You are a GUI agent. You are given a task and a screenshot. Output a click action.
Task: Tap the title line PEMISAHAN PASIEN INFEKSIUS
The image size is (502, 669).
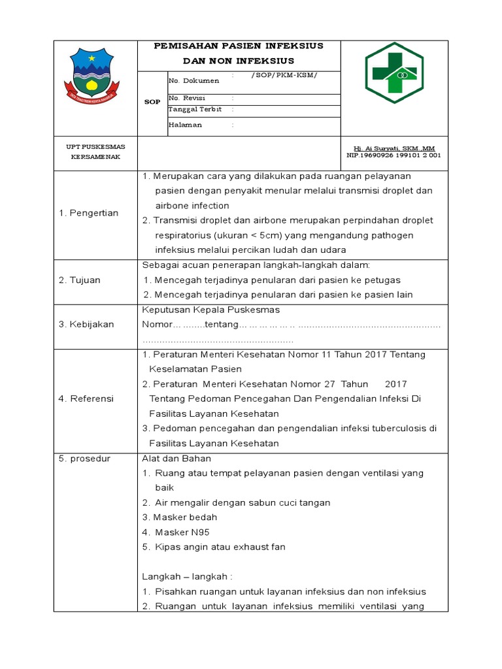(x=238, y=46)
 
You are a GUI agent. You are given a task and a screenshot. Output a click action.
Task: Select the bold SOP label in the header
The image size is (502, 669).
(x=152, y=102)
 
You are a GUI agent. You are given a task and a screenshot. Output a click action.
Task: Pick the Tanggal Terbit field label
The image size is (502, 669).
(x=195, y=109)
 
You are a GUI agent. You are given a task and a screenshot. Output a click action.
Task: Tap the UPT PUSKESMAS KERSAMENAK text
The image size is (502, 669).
(x=95, y=152)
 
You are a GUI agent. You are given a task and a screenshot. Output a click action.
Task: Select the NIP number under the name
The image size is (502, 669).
(x=394, y=156)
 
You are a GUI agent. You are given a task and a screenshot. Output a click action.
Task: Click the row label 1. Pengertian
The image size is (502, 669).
(x=89, y=213)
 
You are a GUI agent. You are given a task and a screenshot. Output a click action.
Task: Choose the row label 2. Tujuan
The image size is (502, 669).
(x=80, y=280)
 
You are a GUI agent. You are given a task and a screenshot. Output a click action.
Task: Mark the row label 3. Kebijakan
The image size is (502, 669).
(x=86, y=324)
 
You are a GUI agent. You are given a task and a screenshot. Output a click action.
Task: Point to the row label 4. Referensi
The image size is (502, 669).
(x=86, y=399)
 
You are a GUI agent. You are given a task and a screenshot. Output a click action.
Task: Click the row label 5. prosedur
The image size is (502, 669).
(x=85, y=459)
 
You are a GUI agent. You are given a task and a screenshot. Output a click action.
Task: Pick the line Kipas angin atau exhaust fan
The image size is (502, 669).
(x=214, y=547)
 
